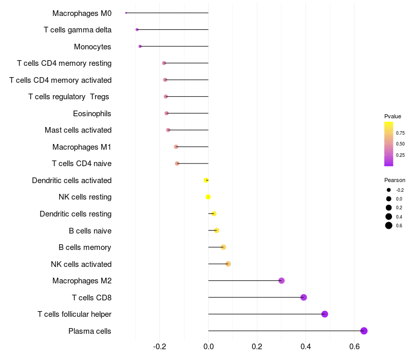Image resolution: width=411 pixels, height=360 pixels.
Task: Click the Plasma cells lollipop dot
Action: coord(364,331)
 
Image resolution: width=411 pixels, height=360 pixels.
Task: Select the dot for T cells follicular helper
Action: coord(325,314)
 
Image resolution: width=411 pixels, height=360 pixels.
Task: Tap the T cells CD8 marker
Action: coord(304,297)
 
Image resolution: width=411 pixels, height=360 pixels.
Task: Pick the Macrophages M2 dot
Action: coord(282,281)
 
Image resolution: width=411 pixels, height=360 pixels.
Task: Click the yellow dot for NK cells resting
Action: coord(208,197)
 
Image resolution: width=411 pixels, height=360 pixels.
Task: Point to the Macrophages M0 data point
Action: coord(126,13)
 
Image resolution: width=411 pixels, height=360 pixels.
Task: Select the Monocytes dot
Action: coord(140,46)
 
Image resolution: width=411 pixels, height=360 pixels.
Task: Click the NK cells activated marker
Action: coord(228,264)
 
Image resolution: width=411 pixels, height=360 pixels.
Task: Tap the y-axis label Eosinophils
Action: coord(92,113)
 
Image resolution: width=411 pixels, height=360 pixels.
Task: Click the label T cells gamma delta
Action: coord(78,30)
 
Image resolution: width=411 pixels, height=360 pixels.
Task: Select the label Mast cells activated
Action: coord(78,130)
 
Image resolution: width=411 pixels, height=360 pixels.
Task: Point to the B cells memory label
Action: coord(85,247)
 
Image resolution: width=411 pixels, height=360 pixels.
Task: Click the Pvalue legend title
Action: coord(393,116)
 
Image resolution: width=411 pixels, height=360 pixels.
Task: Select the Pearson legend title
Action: coord(395,181)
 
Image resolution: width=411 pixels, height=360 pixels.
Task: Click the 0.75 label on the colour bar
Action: coord(400,133)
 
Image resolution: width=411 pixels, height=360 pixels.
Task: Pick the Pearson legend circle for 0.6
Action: coord(389,225)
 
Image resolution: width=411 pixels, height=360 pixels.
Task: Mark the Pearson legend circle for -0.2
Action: coord(389,190)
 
